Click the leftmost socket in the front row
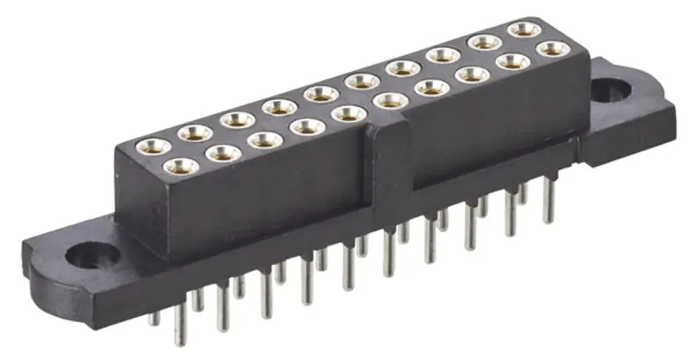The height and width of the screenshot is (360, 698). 181,166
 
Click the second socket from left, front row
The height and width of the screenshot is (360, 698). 223,152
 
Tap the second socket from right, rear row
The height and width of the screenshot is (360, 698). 483,43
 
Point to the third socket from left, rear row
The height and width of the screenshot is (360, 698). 237,119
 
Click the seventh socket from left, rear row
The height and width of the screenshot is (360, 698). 403,68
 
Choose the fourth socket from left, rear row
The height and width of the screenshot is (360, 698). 279,107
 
